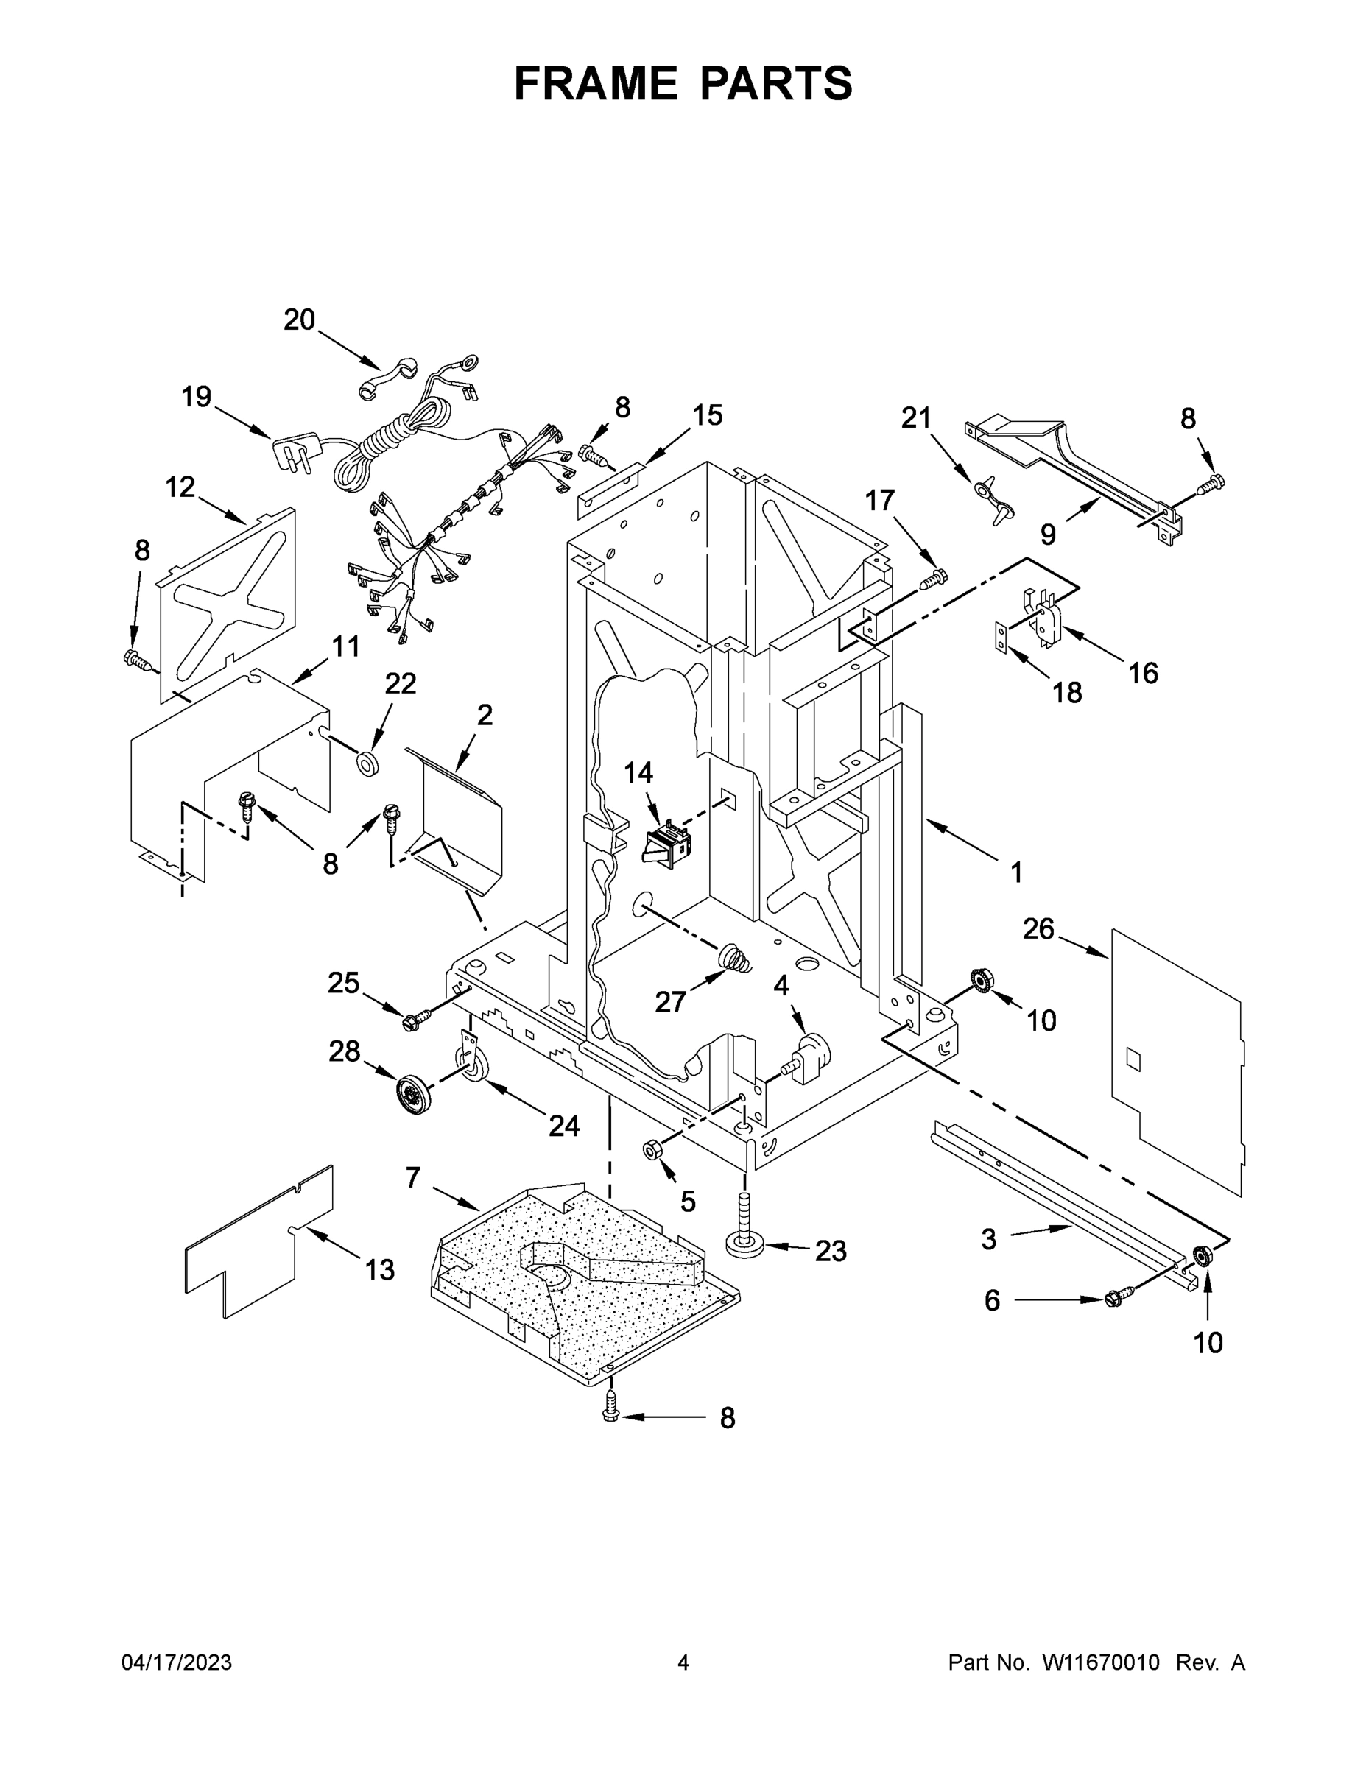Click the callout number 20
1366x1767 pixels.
point(299,320)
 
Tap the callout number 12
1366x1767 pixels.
point(180,487)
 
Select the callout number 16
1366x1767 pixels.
point(1143,672)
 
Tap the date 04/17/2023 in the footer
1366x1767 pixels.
point(177,1662)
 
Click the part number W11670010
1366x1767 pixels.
point(1101,1662)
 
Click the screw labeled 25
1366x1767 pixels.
point(411,1022)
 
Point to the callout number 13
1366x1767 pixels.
point(379,1269)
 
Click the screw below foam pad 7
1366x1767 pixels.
point(610,1414)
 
